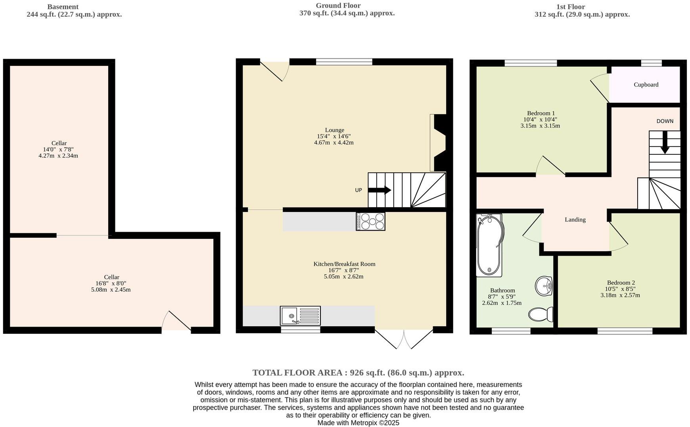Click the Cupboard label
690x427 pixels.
(646, 85)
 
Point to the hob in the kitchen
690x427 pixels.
(370, 221)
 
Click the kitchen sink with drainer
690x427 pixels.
(300, 316)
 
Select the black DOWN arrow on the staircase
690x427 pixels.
(665, 142)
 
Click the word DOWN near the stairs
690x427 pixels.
(665, 121)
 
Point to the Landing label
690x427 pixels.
(575, 219)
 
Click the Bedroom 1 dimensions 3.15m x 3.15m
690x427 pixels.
(540, 126)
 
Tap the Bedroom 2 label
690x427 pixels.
(621, 283)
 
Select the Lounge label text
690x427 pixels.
(334, 130)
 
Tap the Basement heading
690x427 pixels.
(63, 7)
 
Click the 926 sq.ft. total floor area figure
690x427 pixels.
(366, 373)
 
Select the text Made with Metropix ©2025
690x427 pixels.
(358, 423)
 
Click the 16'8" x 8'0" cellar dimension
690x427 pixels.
(111, 283)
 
